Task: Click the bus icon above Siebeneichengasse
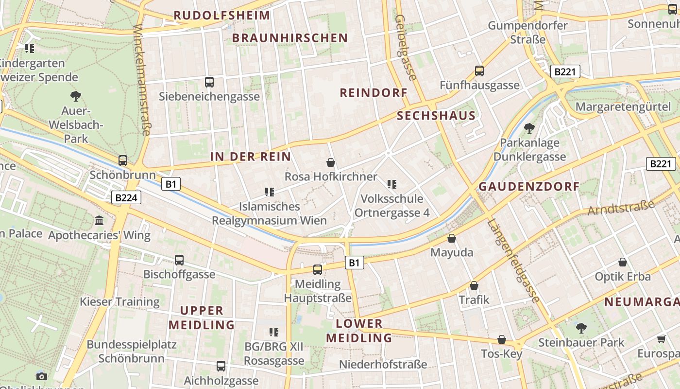coord(209,82)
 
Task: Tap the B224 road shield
coord(127,198)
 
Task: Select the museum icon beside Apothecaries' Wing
coord(100,221)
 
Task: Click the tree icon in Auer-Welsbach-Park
coord(75,96)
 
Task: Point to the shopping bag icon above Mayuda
coord(452,238)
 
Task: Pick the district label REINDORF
coord(373,93)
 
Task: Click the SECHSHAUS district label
coord(436,116)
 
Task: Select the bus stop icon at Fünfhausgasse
coord(479,71)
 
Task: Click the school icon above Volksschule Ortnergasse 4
coord(392,184)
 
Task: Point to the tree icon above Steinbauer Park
coord(581,328)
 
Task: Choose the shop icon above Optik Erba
coord(623,262)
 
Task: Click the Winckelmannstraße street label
coord(142,80)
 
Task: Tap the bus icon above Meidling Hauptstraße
coord(318,269)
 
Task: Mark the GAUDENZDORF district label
coord(529,187)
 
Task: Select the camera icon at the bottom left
coord(42,376)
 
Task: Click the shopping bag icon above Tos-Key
coord(502,339)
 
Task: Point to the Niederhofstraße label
coord(383,364)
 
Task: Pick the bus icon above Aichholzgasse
coord(221,366)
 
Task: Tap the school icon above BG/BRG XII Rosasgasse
coord(274,332)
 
